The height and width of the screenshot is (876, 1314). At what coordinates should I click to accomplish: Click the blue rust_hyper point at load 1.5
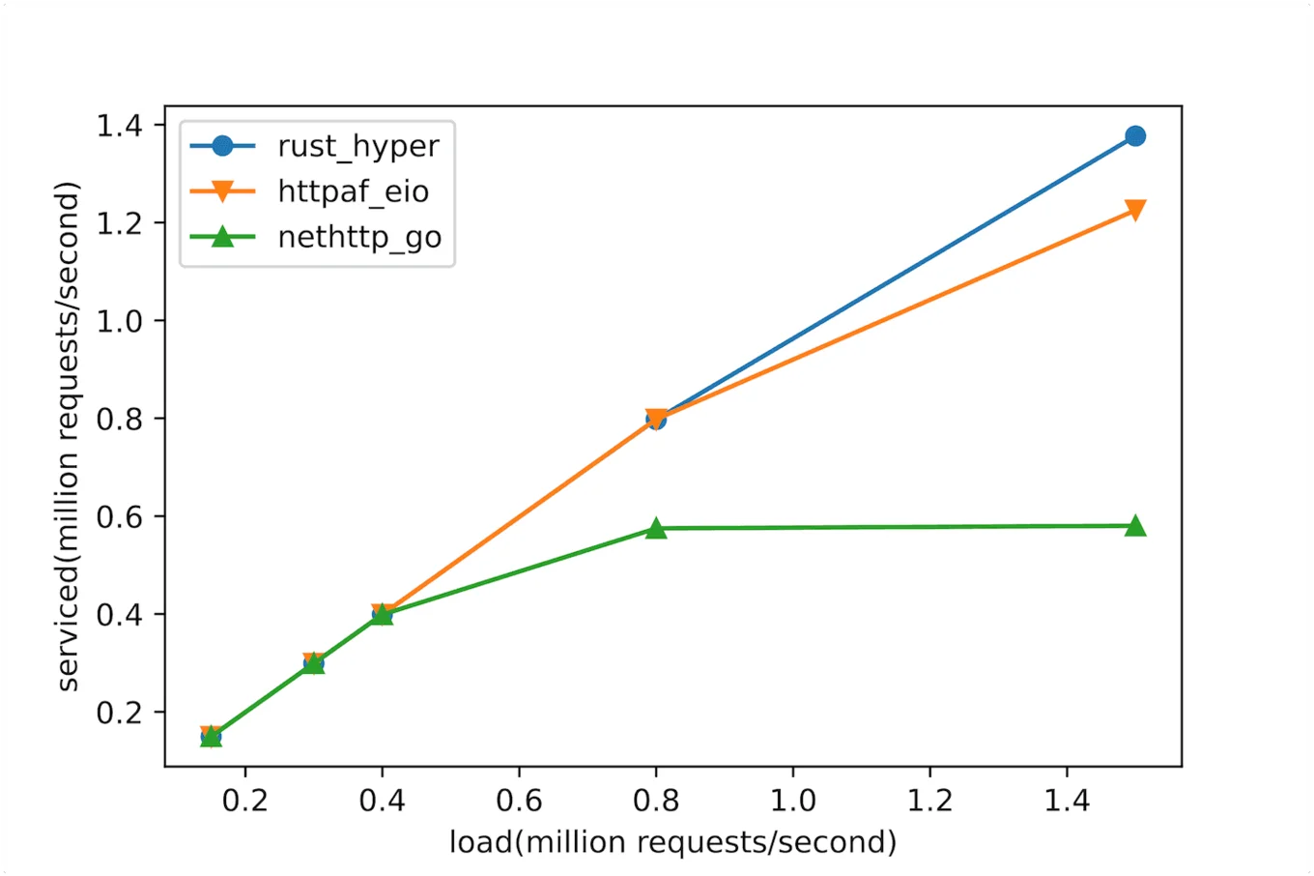(x=1135, y=136)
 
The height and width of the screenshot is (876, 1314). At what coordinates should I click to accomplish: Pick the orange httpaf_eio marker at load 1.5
(x=1135, y=210)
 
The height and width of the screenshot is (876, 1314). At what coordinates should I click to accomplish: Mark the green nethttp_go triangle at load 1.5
(x=1135, y=526)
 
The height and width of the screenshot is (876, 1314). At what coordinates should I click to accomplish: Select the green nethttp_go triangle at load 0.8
(x=656, y=528)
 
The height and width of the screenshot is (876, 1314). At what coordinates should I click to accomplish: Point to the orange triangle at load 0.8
(x=656, y=418)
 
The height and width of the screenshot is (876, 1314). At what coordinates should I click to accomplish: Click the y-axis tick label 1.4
(x=119, y=126)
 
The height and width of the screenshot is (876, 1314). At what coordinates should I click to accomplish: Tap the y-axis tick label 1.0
(x=119, y=321)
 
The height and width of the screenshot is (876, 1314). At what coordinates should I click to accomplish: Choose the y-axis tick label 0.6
(x=119, y=516)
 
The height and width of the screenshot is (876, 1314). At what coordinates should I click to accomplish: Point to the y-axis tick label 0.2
(x=119, y=713)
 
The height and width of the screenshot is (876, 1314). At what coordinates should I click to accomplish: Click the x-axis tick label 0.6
(x=519, y=801)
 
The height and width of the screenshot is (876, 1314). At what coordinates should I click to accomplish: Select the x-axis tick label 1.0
(x=793, y=801)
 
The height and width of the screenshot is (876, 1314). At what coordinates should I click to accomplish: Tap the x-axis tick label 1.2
(x=929, y=801)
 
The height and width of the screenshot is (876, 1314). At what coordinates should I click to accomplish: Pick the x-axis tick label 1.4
(x=1067, y=801)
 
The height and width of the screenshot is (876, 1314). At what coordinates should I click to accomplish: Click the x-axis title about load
(x=672, y=842)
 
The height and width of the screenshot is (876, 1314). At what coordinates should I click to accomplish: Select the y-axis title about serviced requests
(x=68, y=437)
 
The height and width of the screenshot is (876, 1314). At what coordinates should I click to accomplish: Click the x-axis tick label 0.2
(x=245, y=801)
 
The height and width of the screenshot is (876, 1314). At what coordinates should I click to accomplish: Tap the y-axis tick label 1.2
(x=119, y=223)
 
